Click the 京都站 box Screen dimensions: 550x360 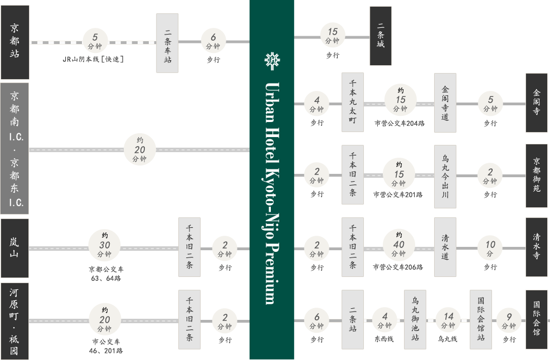pos(14,42)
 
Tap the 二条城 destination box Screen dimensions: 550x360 pos(381,36)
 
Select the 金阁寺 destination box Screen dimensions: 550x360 pos(536,103)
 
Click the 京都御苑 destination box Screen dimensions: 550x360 pos(536,176)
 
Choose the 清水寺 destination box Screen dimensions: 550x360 pos(536,247)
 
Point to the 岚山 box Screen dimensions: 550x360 pos(14,248)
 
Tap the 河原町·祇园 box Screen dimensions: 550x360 pos(14,321)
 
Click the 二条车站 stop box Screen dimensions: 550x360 pos(167,43)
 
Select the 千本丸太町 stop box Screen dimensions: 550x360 pos(353,102)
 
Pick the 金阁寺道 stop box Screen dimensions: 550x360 pos(445,103)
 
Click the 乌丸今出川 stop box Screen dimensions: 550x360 pos(445,177)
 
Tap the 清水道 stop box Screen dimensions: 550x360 pos(445,247)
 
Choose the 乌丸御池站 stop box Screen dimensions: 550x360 pos(415,319)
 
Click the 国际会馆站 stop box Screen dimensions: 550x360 pos(481,319)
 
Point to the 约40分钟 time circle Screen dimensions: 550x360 pos(399,245)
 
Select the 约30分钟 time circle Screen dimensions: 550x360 pos(105,245)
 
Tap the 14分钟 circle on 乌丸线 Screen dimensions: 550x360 pos(448,320)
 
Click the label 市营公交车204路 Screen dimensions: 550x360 pos(400,123)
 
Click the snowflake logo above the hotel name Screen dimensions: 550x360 pos(272,61)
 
